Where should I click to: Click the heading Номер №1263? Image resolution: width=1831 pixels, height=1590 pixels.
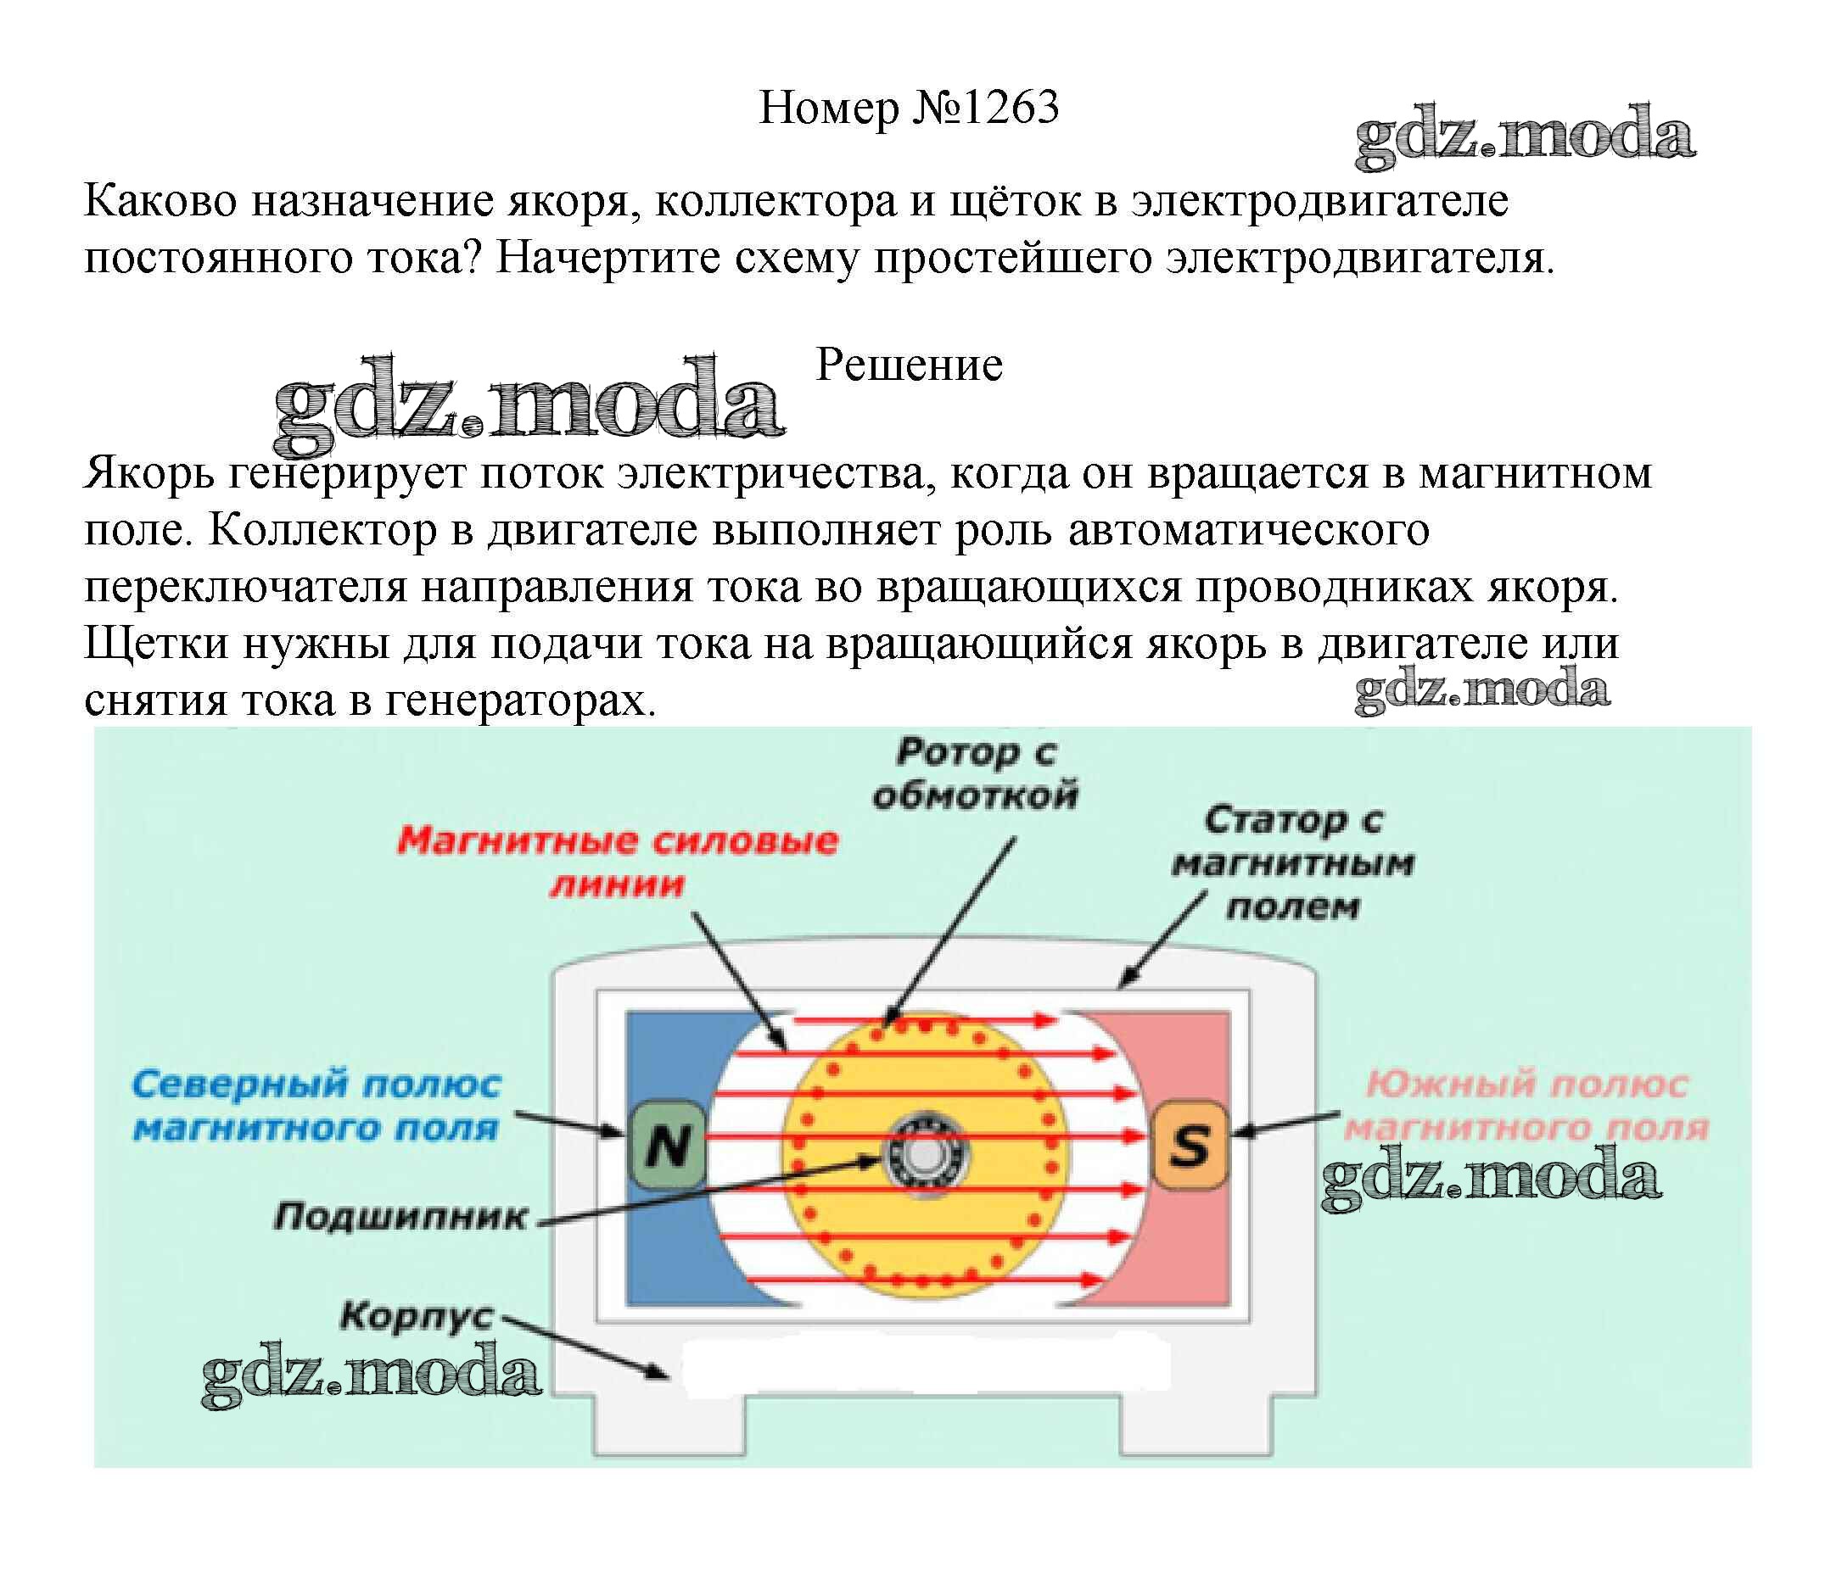908,109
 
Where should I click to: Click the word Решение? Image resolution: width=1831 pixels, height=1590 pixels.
909,365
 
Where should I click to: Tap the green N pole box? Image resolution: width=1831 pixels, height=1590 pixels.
668,1144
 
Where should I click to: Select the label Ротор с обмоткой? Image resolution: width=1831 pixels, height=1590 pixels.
975,773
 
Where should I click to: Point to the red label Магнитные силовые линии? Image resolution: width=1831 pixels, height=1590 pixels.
617,862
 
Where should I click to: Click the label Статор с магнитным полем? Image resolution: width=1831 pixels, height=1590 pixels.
1292,862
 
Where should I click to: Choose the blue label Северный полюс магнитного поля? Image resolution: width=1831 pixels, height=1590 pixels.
316,1106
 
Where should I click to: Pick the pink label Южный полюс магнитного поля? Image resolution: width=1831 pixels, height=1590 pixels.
1526,1106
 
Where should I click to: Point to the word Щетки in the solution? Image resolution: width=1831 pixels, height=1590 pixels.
156,644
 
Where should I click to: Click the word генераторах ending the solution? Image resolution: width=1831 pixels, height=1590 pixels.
520,701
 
